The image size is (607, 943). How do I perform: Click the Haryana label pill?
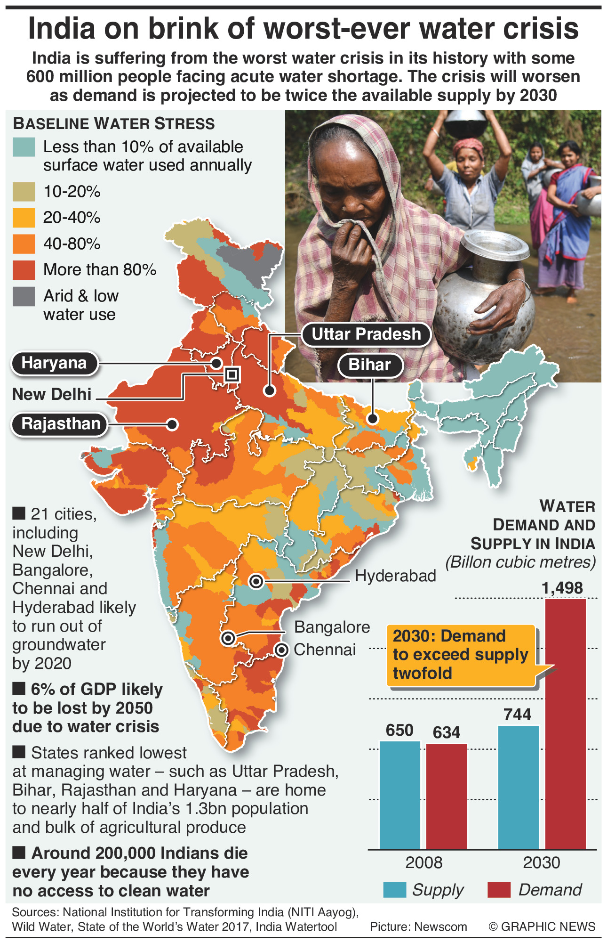54,363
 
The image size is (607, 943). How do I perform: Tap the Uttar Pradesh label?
366,334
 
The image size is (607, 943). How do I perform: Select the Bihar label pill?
369,365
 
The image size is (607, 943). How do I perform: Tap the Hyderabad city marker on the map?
256,581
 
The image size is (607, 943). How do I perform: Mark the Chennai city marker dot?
281,650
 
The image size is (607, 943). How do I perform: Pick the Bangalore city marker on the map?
228,638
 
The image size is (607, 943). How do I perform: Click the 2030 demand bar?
566,725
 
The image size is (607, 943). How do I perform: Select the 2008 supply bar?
399,796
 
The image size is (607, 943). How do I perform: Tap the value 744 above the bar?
517,715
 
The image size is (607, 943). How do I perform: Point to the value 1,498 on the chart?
562,588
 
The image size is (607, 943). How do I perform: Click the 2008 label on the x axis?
424,862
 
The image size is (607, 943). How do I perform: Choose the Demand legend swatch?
499,890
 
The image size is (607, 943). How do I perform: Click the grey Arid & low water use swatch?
24,296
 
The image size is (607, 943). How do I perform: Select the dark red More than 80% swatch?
24,270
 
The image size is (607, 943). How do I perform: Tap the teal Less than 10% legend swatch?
24,147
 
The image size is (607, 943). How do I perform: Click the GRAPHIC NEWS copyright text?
542,927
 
